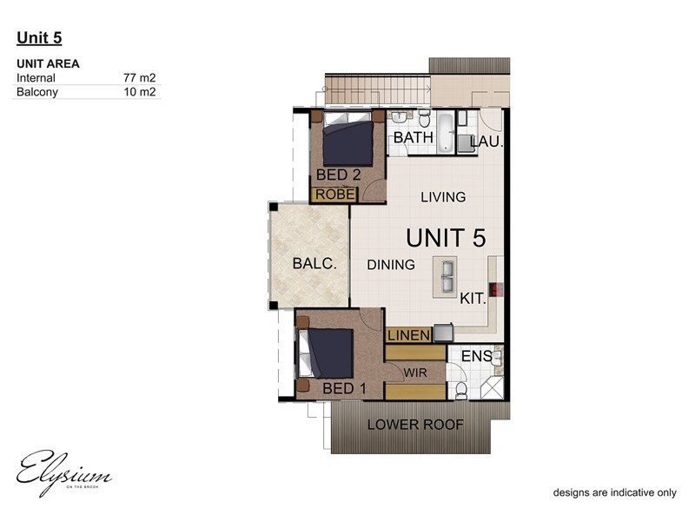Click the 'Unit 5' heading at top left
[39, 37]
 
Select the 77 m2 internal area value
[140, 78]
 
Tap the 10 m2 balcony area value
[140, 91]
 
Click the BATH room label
[413, 138]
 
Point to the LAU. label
[486, 142]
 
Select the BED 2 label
[338, 175]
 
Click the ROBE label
[334, 195]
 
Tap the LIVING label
[443, 197]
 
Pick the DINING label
[391, 264]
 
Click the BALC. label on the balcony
[314, 264]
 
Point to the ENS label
[476, 356]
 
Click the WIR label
[415, 372]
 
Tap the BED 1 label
[344, 388]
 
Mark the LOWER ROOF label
[415, 425]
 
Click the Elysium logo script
[64, 472]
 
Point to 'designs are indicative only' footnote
[615, 492]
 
